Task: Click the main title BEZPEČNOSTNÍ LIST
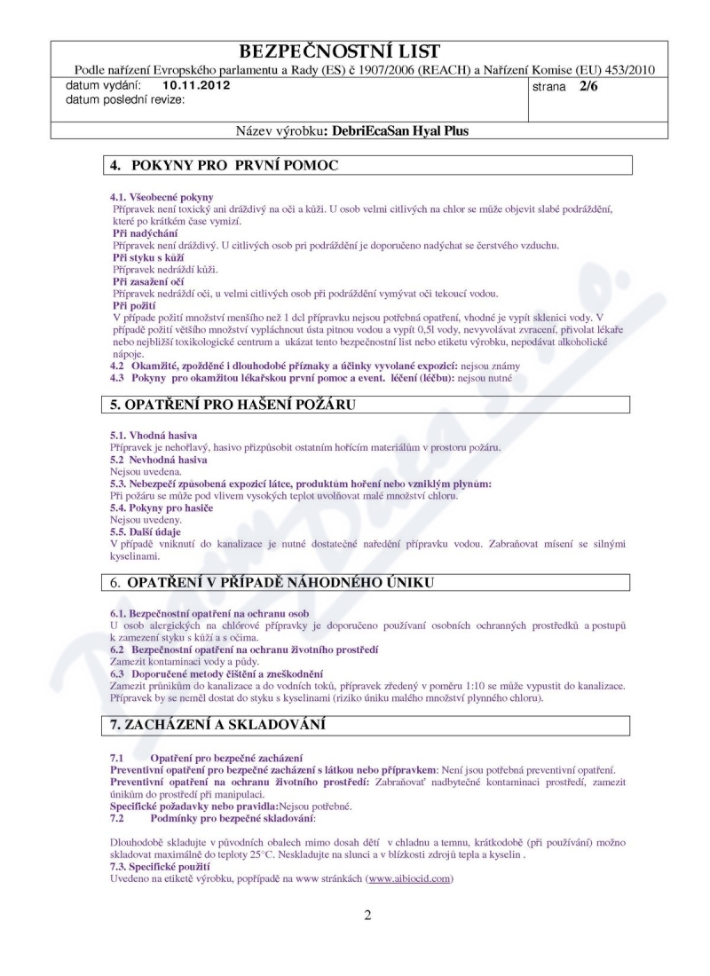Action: tap(355, 51)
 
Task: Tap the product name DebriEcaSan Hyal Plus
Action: tap(396, 130)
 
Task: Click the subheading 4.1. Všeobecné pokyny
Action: tap(161, 196)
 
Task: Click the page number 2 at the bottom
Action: tap(367, 917)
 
